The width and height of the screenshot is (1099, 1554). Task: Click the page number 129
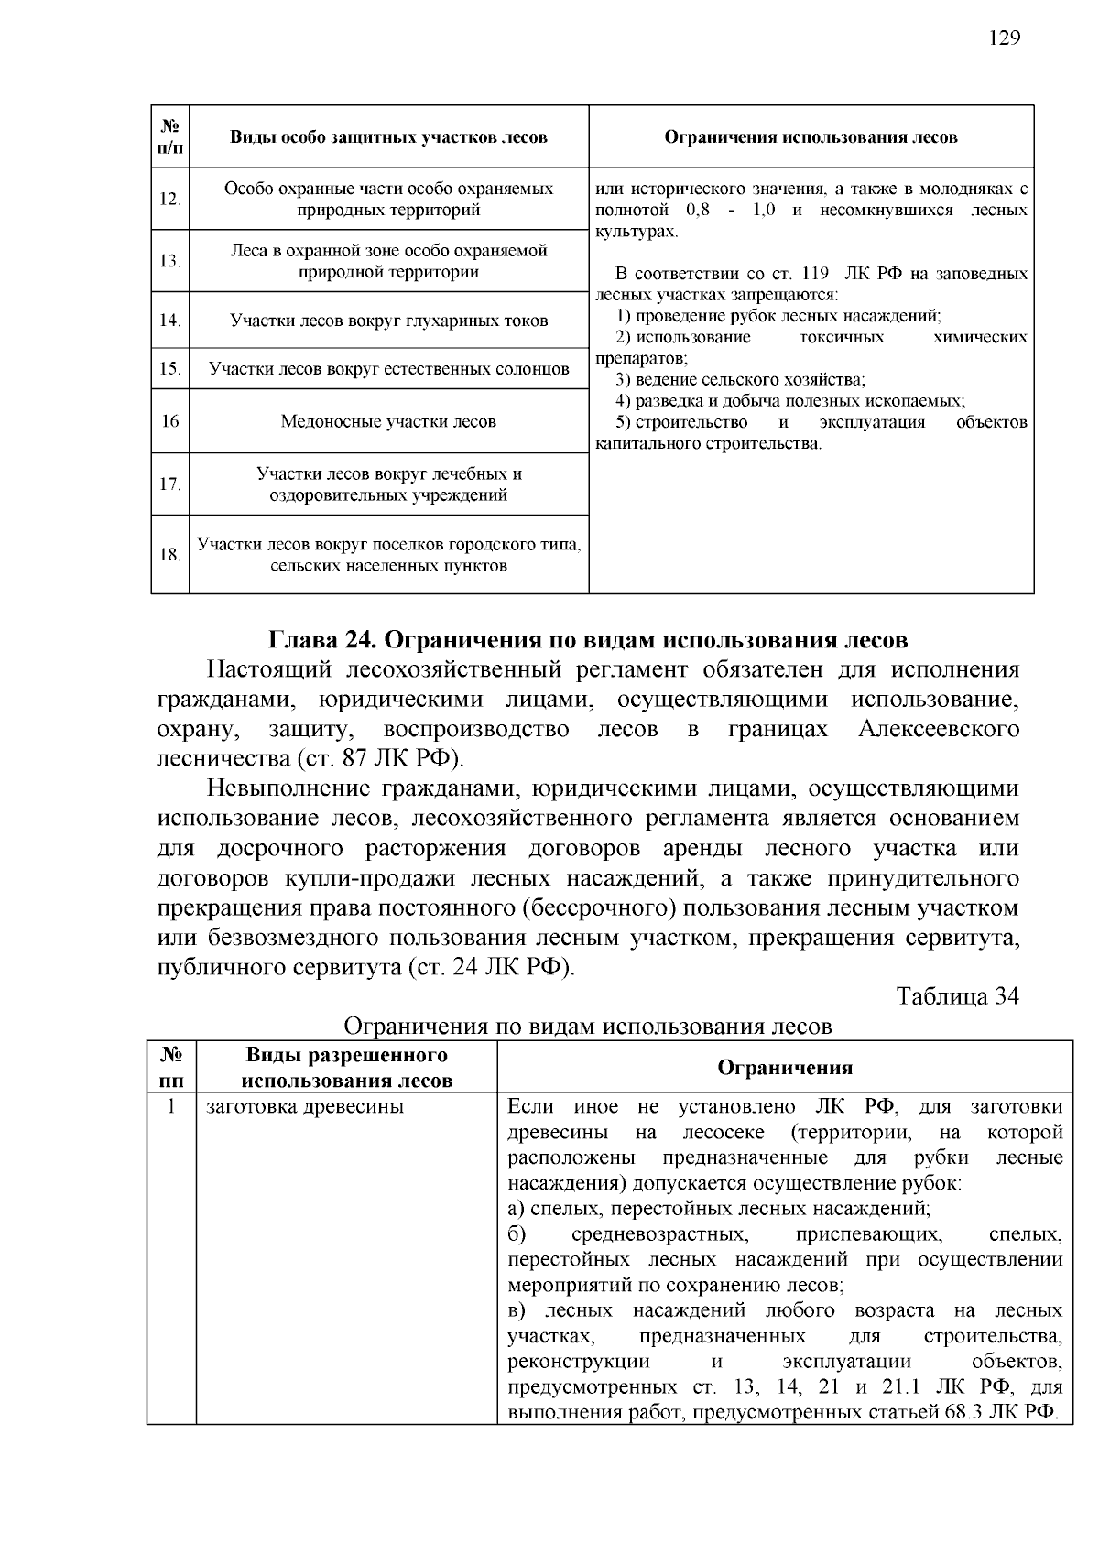tap(1004, 38)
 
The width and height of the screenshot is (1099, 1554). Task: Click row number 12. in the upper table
tap(170, 199)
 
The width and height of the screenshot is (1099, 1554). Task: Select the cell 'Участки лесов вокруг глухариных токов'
tap(388, 321)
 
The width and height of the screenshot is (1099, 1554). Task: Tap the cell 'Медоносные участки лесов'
tap(388, 422)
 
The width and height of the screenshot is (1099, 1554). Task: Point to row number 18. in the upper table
tap(170, 555)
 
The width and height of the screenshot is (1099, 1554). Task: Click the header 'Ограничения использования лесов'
tap(811, 137)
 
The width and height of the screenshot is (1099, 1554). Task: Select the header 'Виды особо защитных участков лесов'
tap(388, 137)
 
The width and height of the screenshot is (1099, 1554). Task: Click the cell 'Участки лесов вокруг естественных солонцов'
tap(388, 369)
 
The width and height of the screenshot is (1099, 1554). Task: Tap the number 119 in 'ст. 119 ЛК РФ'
tap(814, 274)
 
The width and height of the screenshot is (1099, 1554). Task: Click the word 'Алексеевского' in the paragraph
tap(938, 730)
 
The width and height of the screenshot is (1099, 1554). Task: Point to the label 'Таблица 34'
tap(957, 996)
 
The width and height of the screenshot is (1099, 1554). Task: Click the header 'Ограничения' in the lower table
tap(784, 1068)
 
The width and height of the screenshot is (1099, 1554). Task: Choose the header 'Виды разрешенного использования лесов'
tap(346, 1068)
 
